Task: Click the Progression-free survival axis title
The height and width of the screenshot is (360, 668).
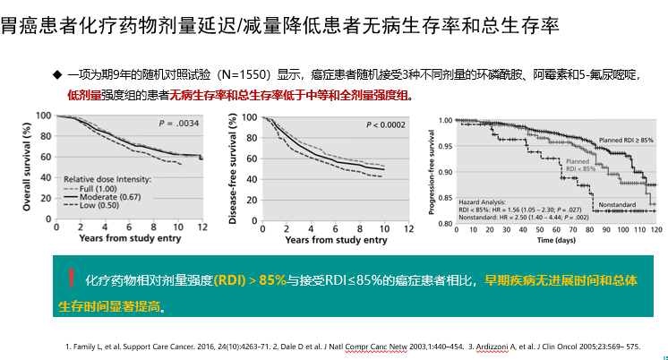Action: coord(432,169)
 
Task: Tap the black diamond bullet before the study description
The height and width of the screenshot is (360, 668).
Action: coord(58,73)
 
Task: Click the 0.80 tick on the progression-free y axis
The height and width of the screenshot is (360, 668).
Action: coord(445,223)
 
